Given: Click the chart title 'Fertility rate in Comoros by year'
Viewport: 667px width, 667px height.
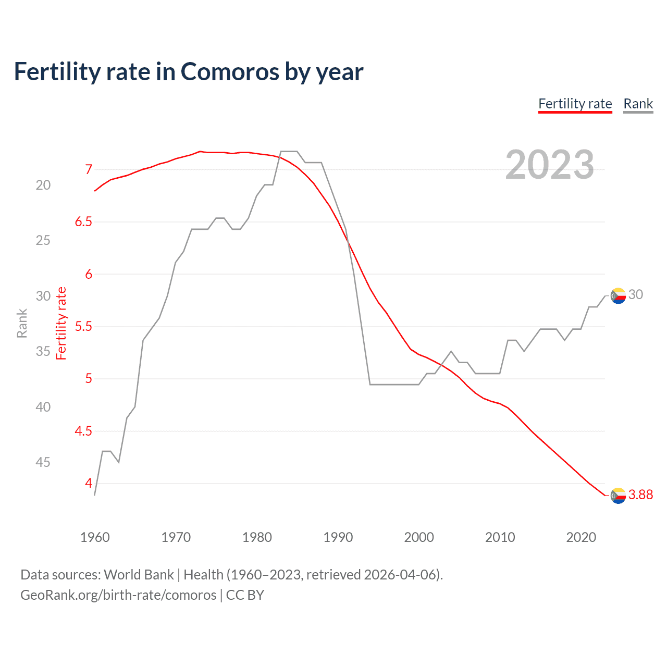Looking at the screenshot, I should tap(188, 71).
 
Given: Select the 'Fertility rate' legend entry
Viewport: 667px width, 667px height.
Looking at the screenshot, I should tap(575, 104).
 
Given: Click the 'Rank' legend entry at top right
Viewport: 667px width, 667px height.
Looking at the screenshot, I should tap(638, 104).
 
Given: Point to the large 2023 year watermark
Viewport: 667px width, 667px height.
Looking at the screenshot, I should tap(550, 165).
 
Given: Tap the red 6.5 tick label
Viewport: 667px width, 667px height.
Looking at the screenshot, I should tap(83, 222).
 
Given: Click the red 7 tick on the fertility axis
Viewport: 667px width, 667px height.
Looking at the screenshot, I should tap(89, 169).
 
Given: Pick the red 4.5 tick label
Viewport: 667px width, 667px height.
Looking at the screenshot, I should tap(83, 431).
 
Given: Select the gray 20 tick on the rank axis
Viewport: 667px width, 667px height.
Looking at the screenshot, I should tap(43, 185).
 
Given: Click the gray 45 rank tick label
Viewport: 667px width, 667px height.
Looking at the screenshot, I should tap(43, 462).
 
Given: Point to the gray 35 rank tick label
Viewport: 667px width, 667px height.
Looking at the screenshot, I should tap(43, 352).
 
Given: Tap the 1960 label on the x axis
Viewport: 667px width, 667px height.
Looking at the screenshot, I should tap(95, 537).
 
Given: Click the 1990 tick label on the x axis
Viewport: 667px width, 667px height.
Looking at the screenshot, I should tap(338, 537).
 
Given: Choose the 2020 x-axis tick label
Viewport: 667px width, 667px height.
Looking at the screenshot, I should tap(581, 537).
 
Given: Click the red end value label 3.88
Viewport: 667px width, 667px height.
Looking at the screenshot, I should tap(640, 495).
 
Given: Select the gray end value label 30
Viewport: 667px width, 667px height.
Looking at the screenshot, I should tap(635, 295).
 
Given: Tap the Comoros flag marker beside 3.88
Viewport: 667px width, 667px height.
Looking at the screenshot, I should tap(618, 496).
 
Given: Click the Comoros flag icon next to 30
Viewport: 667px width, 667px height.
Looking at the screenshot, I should tap(618, 295).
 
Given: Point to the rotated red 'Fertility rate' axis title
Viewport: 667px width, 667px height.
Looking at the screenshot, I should tap(61, 324).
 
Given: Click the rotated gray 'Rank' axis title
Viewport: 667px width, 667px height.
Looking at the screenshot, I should tap(22, 324).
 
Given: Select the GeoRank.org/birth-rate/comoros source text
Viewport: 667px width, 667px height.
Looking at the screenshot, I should tap(118, 595).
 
